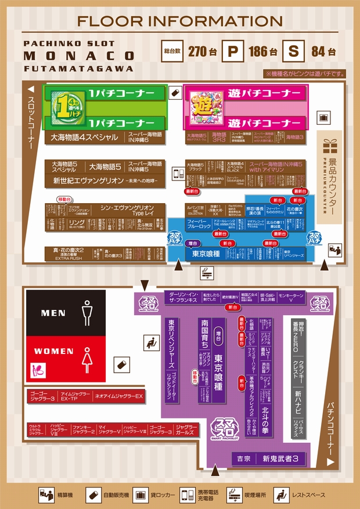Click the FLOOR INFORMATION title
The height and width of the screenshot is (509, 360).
pos(180,21)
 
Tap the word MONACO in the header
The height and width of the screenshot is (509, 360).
pos(80,56)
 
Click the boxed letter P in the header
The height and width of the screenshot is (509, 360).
pos(233,51)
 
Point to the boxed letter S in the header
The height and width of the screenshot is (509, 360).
pos(293,51)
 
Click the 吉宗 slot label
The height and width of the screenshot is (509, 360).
pos(243,459)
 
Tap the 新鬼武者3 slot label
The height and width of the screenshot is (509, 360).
pos(280,459)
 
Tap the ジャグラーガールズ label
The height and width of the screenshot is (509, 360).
pos(186,429)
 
